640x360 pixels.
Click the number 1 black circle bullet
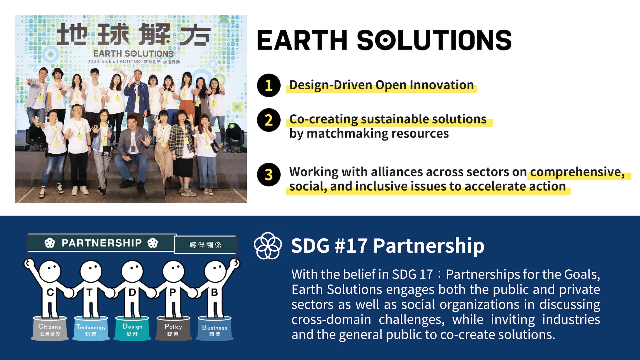point(269,85)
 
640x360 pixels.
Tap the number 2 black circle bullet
point(269,120)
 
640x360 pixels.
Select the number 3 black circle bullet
point(269,175)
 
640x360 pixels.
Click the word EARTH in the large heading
point(302,41)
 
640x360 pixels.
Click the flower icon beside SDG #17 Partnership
point(268,246)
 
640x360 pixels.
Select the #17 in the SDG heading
point(352,246)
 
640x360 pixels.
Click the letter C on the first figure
point(50,292)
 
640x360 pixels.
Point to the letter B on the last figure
point(214,292)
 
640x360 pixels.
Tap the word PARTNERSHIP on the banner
point(102,243)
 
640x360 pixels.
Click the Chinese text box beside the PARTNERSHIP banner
point(205,245)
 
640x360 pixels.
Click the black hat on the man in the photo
point(58,71)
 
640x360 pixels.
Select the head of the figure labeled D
point(132,270)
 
